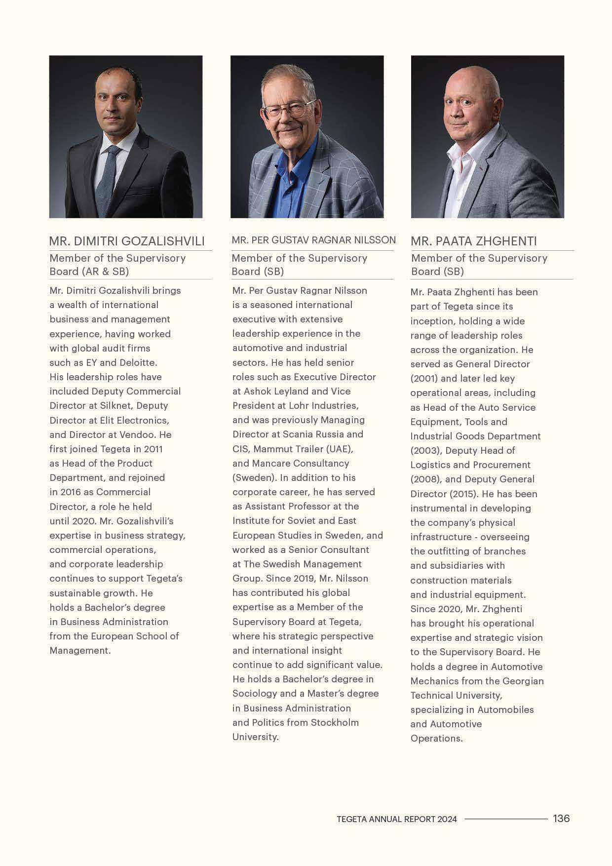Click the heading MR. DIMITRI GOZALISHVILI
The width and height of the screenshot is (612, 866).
(126, 241)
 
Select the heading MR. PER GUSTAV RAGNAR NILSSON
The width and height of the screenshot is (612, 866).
(313, 240)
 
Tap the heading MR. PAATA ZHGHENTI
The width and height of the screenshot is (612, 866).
(473, 241)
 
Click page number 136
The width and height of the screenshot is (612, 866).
(561, 819)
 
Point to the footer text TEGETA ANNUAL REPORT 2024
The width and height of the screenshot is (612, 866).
(396, 819)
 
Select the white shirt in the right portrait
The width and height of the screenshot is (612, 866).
(461, 183)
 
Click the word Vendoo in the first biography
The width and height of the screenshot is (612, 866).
(141, 435)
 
